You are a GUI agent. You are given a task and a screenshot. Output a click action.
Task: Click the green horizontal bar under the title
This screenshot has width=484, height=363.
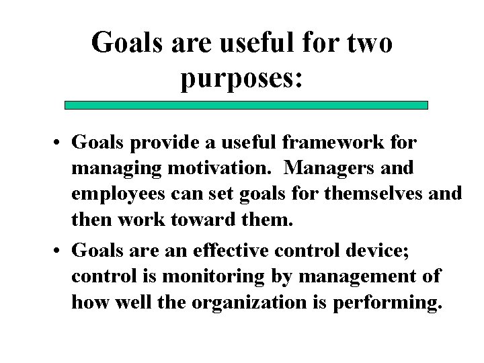[246, 106]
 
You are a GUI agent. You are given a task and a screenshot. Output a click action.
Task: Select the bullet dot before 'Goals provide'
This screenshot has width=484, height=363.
[60, 144]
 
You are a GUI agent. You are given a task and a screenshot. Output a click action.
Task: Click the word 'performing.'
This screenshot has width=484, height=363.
[387, 302]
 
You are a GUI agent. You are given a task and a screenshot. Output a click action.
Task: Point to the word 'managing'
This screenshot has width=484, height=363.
[114, 169]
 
